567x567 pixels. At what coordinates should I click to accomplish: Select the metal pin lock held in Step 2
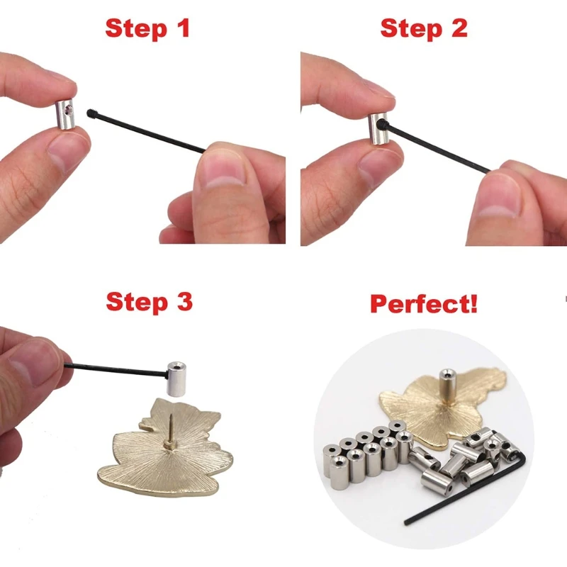tap(377, 128)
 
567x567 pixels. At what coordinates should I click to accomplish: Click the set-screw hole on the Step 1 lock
tap(67, 111)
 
